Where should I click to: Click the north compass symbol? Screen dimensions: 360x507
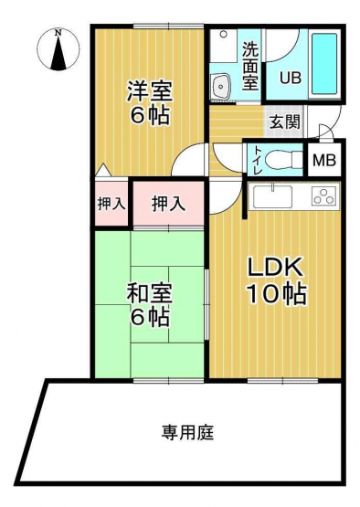tap(58, 49)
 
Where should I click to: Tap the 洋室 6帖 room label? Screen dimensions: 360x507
tap(149, 102)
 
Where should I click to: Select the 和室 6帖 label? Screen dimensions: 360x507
tap(149, 304)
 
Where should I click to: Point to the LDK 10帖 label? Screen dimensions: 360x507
tap(276, 281)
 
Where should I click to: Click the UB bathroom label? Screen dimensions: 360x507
tap(291, 78)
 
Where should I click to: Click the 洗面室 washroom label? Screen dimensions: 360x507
tap(250, 67)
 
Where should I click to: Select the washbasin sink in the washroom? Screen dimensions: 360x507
tap(220, 86)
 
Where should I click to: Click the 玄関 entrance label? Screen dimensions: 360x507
tap(285, 121)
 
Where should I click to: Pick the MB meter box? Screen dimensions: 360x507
tap(324, 160)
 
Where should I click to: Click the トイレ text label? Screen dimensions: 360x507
tap(257, 160)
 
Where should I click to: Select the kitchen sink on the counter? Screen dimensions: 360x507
tap(272, 197)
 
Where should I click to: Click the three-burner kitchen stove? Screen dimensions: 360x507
tap(323, 196)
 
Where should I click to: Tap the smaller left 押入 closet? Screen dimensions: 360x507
tap(111, 204)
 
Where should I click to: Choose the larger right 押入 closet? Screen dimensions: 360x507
tap(168, 204)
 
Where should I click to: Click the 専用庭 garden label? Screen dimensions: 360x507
tap(187, 433)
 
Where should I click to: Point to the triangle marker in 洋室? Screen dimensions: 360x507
tap(103, 171)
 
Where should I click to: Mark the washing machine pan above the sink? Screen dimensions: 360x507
tap(223, 46)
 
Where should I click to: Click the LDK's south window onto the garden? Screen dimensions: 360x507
tap(283, 381)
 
